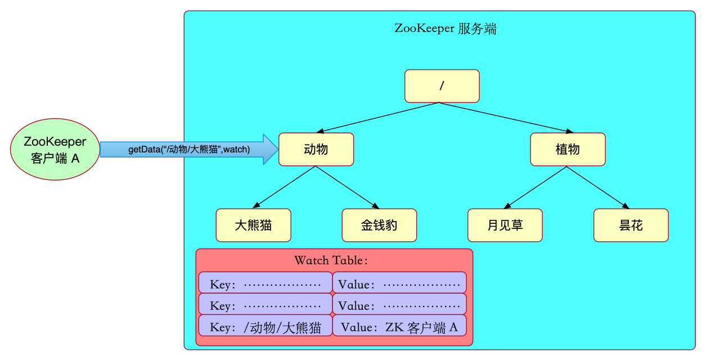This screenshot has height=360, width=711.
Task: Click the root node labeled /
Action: [442, 86]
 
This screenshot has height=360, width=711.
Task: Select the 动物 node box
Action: [316, 149]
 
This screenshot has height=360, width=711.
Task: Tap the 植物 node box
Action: [568, 149]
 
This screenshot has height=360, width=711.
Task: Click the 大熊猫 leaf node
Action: [253, 226]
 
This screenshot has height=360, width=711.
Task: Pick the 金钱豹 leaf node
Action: [379, 226]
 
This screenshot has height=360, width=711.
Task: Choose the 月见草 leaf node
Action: [505, 226]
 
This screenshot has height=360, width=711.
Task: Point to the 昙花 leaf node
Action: [631, 226]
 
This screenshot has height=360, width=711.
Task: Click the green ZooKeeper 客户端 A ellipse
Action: [55, 149]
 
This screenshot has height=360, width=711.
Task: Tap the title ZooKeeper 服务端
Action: [445, 29]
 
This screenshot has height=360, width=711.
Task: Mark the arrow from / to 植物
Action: [505, 118]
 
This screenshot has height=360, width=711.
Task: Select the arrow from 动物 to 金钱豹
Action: [348, 187]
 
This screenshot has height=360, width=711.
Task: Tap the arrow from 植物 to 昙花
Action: [599, 187]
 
